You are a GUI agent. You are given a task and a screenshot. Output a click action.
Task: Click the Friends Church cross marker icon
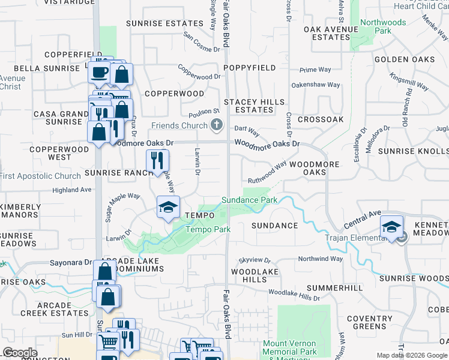[217, 125]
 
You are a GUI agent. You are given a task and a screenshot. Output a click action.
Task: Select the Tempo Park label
[208, 229]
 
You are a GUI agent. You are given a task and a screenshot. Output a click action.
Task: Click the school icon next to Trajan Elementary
[391, 227]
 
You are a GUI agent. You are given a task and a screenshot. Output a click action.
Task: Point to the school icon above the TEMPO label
[168, 208]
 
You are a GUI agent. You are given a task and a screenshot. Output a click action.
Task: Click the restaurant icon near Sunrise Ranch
[157, 160]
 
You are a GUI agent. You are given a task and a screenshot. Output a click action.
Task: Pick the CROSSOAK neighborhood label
[321, 119]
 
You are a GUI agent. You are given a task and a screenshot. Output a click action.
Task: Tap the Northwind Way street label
[321, 259]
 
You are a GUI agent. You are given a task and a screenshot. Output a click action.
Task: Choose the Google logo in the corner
[20, 353]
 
